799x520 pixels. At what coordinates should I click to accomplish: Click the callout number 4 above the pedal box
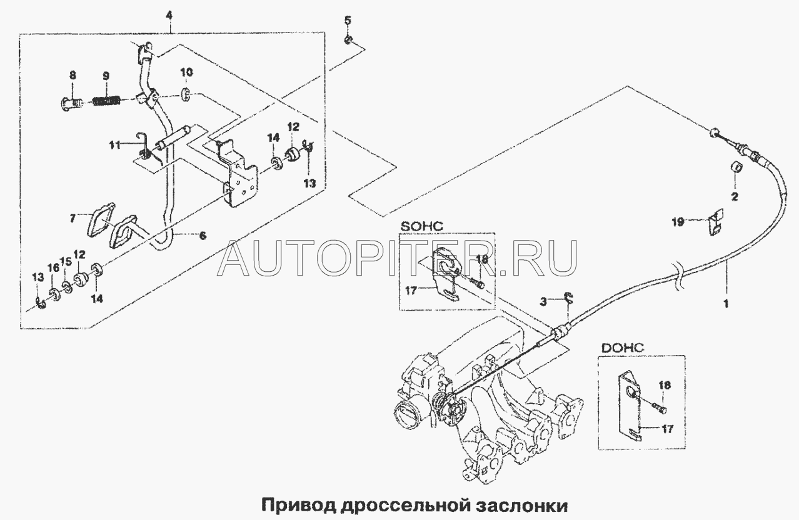tap(169, 16)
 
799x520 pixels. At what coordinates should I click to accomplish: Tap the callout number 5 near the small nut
tap(348, 21)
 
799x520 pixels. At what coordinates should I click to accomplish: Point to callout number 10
tap(187, 72)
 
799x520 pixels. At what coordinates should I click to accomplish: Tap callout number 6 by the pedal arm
tap(202, 236)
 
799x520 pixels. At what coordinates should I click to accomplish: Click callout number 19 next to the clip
tap(678, 222)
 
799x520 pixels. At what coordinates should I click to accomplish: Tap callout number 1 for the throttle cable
tap(725, 304)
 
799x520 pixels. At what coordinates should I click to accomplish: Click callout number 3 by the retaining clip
tap(543, 302)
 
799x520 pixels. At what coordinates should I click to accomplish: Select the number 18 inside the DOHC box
tap(665, 385)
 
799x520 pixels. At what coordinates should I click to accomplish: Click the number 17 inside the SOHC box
tap(411, 291)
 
